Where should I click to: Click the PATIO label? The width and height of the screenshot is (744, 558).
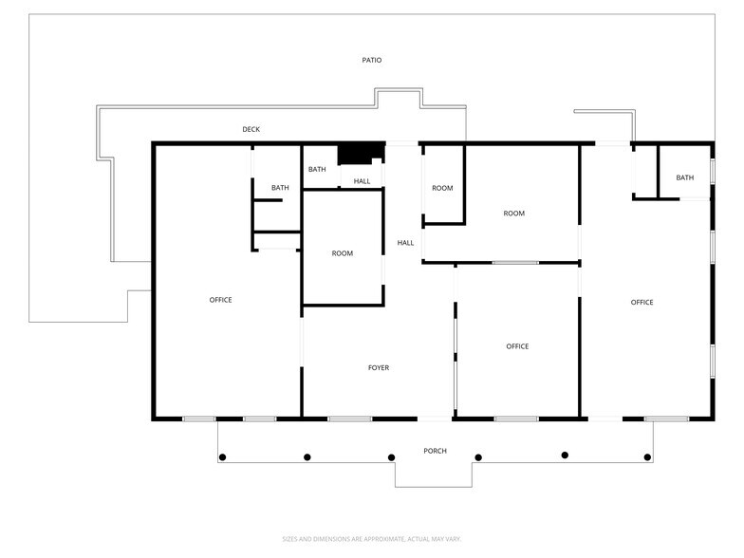click(x=371, y=60)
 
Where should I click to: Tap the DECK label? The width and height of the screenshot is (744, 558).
click(x=251, y=129)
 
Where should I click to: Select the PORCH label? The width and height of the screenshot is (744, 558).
click(x=435, y=451)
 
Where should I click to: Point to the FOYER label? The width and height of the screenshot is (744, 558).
click(x=378, y=367)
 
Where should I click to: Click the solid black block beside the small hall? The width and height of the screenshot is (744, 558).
click(x=361, y=153)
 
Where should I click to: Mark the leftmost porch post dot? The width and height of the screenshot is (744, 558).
click(x=222, y=457)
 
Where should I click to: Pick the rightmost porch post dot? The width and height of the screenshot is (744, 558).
click(x=648, y=457)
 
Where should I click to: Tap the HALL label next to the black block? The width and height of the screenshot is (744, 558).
click(x=362, y=181)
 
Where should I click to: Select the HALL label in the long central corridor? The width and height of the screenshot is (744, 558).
click(x=405, y=243)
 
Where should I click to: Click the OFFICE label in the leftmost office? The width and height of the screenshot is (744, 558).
click(x=220, y=300)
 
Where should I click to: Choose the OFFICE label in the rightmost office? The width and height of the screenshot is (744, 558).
click(x=642, y=302)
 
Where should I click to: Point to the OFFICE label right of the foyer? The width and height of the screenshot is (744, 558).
click(x=516, y=346)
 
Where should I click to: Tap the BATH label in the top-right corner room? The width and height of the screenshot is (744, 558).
click(x=684, y=177)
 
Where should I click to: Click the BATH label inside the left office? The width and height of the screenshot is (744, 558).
click(x=280, y=188)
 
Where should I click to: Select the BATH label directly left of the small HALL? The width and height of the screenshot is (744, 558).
click(x=316, y=169)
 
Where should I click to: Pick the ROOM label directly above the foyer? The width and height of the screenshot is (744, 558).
click(x=342, y=253)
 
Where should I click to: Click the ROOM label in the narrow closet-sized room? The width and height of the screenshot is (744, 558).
click(x=442, y=188)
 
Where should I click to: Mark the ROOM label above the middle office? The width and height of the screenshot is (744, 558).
click(x=513, y=214)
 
